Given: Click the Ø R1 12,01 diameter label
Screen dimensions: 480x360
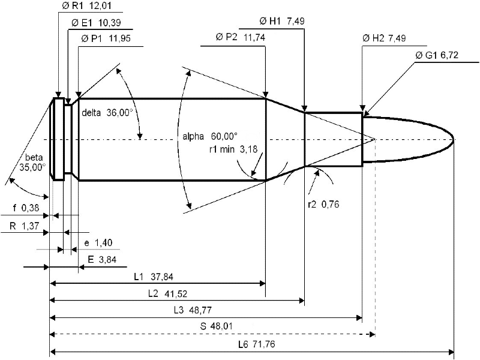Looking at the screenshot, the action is [x=86, y=5].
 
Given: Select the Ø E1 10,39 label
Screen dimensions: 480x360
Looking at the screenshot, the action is [x=96, y=22].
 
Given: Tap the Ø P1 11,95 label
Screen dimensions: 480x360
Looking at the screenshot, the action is [x=106, y=38].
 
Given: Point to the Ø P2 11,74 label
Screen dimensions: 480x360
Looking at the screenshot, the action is [x=241, y=37].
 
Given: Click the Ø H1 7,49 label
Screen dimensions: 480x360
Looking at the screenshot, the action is [x=282, y=21].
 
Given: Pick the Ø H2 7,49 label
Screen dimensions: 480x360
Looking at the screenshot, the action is [x=384, y=38].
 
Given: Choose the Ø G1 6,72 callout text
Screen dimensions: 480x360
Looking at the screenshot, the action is [x=437, y=55].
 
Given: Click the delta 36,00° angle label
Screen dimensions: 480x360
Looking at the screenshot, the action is [x=107, y=113].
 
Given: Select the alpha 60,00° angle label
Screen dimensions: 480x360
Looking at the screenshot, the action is [x=210, y=136].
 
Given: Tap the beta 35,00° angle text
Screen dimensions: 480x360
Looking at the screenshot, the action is [x=33, y=163].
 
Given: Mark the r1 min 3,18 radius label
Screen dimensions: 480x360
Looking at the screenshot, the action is [x=233, y=149].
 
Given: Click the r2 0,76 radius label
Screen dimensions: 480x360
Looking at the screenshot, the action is [x=323, y=204].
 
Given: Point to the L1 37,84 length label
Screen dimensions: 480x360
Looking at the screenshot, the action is [x=154, y=277].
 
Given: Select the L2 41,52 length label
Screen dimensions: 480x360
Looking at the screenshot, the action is [x=168, y=293].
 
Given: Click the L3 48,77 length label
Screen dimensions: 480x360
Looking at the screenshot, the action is [x=193, y=310].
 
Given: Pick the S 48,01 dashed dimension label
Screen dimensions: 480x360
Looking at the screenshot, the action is [x=217, y=326].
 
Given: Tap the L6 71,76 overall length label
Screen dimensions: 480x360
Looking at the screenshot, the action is [x=257, y=344].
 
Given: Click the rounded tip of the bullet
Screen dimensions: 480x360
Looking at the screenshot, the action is [x=454, y=140].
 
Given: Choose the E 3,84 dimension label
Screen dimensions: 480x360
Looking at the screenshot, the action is [x=102, y=260].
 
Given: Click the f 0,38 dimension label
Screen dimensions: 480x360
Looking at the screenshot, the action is [x=26, y=208].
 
